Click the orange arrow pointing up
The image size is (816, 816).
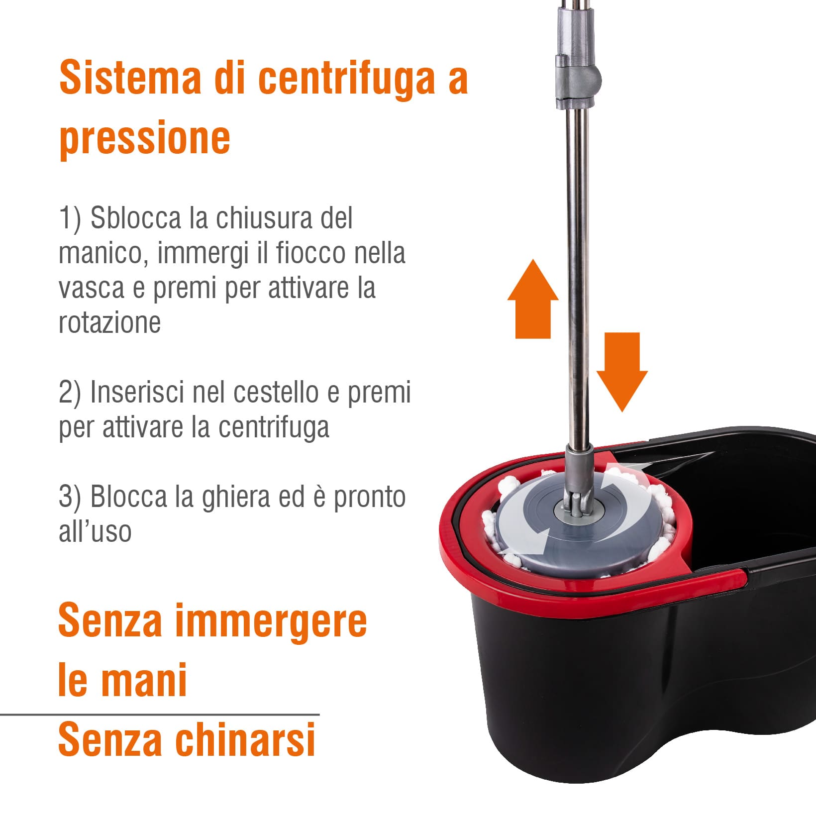tap(533, 299)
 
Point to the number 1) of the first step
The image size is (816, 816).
tap(70, 219)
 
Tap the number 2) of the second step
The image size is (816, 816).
tap(70, 393)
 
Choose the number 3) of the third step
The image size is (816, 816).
tap(70, 497)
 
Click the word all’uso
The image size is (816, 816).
tap(95, 531)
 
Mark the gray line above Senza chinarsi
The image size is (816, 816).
tap(160, 714)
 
